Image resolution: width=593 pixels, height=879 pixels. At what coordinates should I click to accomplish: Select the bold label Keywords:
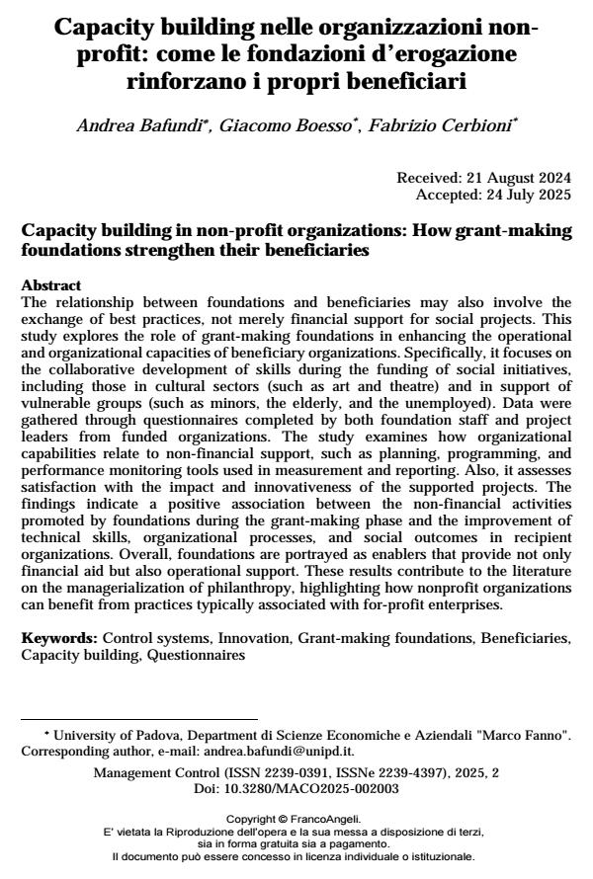pos(59,639)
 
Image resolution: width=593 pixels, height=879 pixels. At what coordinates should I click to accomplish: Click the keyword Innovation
pos(259,639)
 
